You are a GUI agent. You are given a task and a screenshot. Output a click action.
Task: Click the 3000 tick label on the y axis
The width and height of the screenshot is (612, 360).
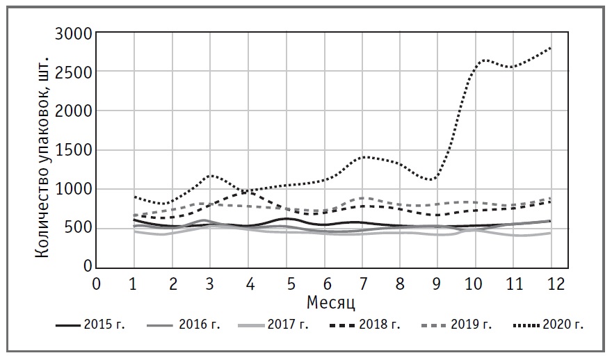(x=72, y=33)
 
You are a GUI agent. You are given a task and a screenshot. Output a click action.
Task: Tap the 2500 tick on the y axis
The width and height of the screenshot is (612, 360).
(x=72, y=72)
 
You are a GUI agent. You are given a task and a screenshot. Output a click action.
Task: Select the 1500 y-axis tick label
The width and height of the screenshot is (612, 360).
(x=72, y=151)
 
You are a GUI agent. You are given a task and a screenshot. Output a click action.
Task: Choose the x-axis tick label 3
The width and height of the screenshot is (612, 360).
(x=210, y=284)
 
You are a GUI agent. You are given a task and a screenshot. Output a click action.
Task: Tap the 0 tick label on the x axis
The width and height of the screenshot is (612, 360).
(x=97, y=284)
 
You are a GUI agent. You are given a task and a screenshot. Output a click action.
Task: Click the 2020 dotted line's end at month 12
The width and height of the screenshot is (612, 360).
(x=551, y=47)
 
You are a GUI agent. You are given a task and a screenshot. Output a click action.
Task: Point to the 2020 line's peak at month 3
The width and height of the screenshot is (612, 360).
(x=210, y=175)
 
